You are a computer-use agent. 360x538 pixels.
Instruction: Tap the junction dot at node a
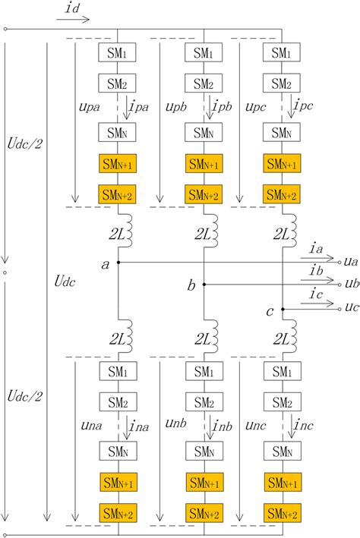tap(118, 261)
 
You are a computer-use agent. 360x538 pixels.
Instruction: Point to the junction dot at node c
tap(282, 309)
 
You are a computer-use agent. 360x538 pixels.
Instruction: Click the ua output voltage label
tap(351, 261)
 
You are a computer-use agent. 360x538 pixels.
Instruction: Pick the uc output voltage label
tap(351, 308)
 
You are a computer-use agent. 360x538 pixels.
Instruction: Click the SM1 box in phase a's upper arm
tap(117, 53)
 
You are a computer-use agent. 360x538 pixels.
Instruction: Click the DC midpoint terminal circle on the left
tap(5, 272)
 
